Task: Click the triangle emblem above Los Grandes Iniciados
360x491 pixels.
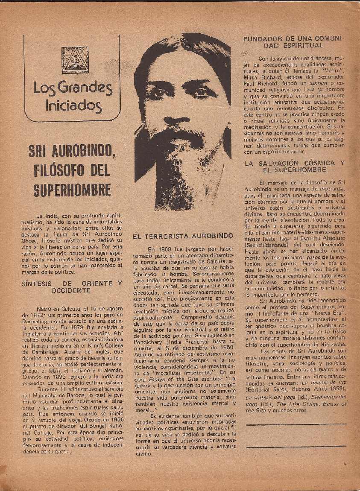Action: pyautogui.click(x=75, y=60)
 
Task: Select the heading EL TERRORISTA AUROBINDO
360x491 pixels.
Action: pyautogui.click(x=183, y=235)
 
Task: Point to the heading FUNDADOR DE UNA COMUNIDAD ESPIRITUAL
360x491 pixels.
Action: pyautogui.click(x=293, y=42)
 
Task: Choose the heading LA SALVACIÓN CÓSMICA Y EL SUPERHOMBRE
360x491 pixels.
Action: pyautogui.click(x=294, y=167)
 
